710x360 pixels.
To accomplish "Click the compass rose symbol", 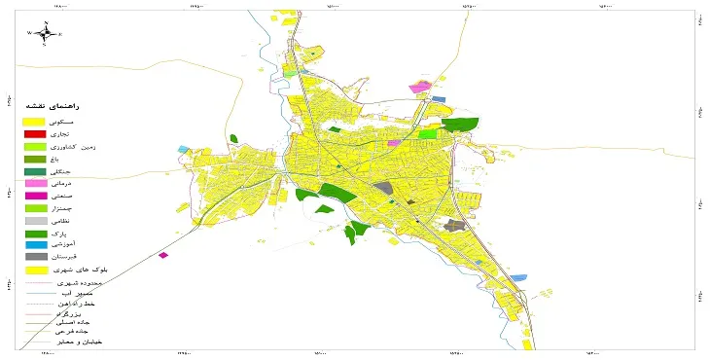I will (46, 33).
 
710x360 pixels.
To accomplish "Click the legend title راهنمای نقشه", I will (84, 103).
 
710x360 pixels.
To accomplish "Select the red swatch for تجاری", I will (35, 133).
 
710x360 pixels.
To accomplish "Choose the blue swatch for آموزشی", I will (35, 244).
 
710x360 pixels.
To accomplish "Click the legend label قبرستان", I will (88, 256).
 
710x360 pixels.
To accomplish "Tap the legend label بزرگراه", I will (90, 316).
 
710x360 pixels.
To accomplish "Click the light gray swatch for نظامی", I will (35, 222).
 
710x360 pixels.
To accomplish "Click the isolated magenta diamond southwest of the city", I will (162, 256).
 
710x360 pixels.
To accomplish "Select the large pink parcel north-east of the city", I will (419, 88).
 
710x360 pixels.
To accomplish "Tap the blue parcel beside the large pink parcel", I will (439, 98).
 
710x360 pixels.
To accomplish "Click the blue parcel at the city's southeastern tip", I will (518, 278).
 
